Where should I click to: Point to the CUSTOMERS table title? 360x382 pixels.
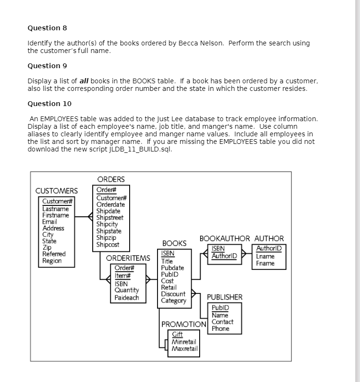point(57,191)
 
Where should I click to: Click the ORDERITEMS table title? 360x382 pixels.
point(128,258)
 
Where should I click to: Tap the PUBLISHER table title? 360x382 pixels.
point(225,297)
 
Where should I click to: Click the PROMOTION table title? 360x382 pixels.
point(184,325)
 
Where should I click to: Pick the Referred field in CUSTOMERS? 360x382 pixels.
point(54,254)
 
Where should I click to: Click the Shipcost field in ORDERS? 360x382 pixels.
point(108,245)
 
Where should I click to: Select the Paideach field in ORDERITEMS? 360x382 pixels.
point(127,297)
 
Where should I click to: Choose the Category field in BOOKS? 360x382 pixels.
point(174,300)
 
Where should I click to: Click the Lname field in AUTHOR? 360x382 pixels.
point(265,257)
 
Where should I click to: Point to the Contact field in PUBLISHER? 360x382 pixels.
point(222,322)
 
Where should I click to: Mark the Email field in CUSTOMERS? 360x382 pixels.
point(50,222)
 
